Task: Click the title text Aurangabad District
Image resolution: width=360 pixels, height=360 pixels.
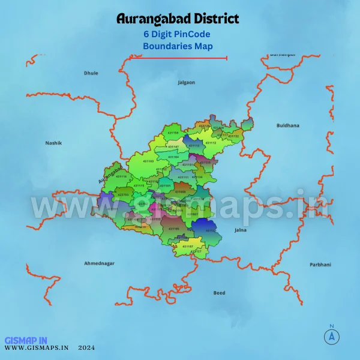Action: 178,19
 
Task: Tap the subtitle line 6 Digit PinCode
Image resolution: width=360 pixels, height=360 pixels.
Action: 178,34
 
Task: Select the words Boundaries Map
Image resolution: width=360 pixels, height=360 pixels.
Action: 178,46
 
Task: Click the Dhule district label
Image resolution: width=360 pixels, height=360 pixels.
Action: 91,73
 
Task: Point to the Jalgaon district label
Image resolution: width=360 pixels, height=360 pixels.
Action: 186,82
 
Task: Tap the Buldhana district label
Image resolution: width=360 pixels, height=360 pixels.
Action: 287,126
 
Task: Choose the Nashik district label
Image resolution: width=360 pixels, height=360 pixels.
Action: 53,143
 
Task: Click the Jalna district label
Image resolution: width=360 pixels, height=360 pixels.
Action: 240,230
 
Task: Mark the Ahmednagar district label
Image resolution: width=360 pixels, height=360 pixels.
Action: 99,263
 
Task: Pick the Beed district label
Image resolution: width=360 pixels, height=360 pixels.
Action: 219,293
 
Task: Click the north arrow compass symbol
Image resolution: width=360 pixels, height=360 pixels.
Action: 331,336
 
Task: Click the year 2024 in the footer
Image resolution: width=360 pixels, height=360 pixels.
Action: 86,347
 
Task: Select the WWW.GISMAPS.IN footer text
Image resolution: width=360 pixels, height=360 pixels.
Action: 37,347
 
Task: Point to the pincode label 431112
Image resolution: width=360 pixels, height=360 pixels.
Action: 211,143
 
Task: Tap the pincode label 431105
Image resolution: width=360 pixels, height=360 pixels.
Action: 173,229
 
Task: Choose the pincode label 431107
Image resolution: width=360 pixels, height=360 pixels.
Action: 187,247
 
